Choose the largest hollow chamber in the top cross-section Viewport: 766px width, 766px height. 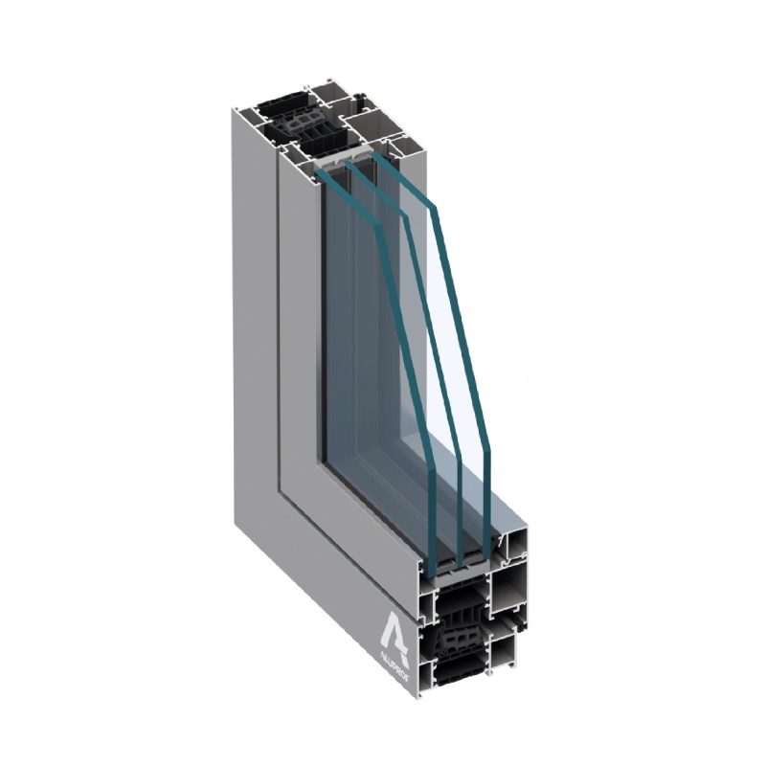point(368,124)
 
